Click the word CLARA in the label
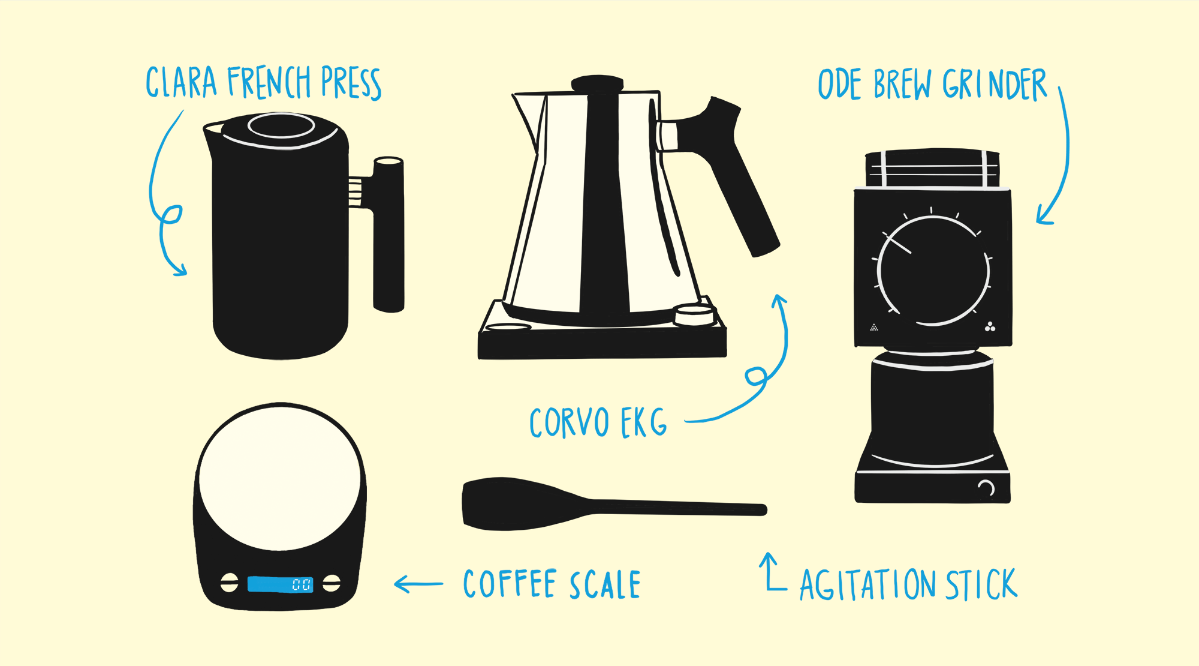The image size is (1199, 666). point(181,82)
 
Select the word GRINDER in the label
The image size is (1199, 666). point(995,85)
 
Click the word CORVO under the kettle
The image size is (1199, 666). point(570,423)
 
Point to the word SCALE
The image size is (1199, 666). point(605,584)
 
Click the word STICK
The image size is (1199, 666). point(981,584)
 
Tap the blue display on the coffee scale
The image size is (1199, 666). point(280,584)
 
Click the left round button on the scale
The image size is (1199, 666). point(229,582)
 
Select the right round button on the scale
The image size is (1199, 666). point(332,583)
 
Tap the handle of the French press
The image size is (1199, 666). point(388,234)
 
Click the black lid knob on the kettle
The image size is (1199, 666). point(597,83)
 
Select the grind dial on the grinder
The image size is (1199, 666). point(933,271)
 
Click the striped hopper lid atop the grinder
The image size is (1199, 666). point(933,168)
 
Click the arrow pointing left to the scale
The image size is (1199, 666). point(418,584)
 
